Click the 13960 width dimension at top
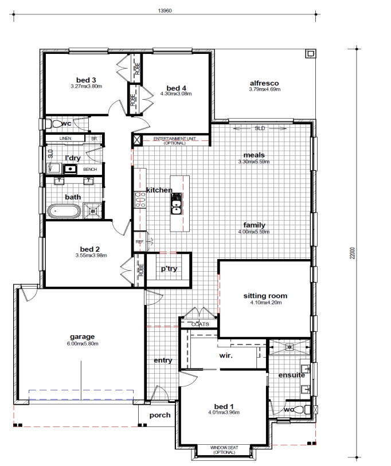pyautogui.click(x=165, y=11)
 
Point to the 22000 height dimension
pyautogui.click(x=353, y=253)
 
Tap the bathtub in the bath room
pyautogui.click(x=64, y=212)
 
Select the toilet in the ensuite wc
pyautogui.click(x=302, y=410)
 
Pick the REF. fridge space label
pyautogui.click(x=140, y=242)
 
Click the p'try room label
pyautogui.click(x=169, y=269)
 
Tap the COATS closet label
pyautogui.click(x=200, y=324)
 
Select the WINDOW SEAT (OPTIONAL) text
pyautogui.click(x=224, y=449)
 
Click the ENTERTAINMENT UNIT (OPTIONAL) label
pyautogui.click(x=174, y=140)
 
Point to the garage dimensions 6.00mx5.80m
pyautogui.click(x=83, y=343)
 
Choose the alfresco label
pyautogui.click(x=264, y=83)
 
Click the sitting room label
pyautogui.click(x=265, y=296)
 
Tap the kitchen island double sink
pyautogui.click(x=176, y=203)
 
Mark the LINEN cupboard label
pyautogui.click(x=65, y=139)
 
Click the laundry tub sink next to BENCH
pyautogui.click(x=70, y=169)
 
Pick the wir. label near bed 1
pyautogui.click(x=226, y=355)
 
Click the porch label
pyautogui.click(x=160, y=415)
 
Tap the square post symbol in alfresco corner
pyautogui.click(x=310, y=53)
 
